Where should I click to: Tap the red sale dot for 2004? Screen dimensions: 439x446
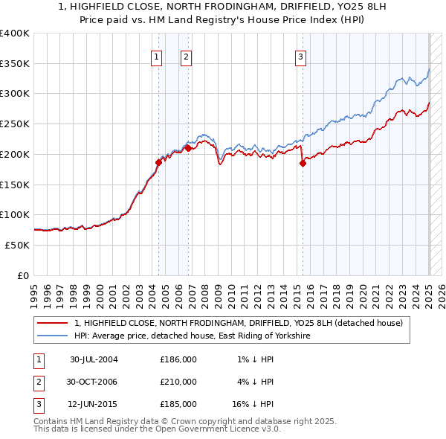pos(158,161)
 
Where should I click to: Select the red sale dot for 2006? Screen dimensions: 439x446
pos(188,147)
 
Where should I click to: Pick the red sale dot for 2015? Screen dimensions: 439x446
pos(303,163)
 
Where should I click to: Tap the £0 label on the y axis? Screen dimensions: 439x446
pos(24,275)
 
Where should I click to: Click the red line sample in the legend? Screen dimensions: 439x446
pos(53,324)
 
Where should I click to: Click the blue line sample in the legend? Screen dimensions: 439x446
pos(53,336)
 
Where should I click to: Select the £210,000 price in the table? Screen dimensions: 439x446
pos(178,382)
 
